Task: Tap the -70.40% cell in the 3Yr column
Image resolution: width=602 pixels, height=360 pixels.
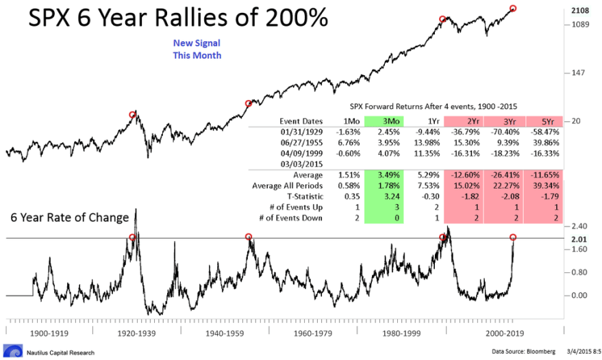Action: pyautogui.click(x=500, y=133)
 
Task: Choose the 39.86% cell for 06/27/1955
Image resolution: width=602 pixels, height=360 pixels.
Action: pyautogui.click(x=541, y=143)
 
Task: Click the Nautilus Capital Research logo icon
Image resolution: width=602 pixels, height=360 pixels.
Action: pyautogui.click(x=8, y=351)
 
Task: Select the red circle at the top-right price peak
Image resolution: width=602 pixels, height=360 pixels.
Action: pyautogui.click(x=513, y=8)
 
